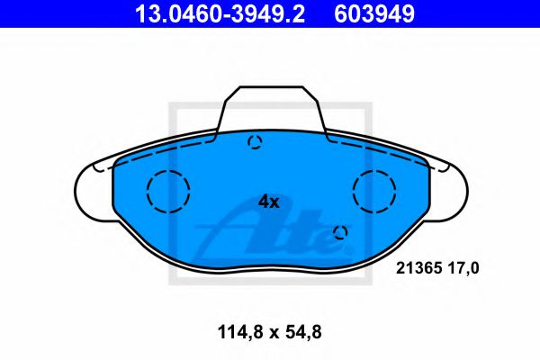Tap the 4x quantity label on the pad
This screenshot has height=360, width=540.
(x=269, y=202)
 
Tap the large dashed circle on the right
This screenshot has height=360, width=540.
(x=374, y=191)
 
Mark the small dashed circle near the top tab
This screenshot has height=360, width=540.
(x=255, y=141)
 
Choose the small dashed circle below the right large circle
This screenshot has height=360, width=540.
(x=340, y=233)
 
